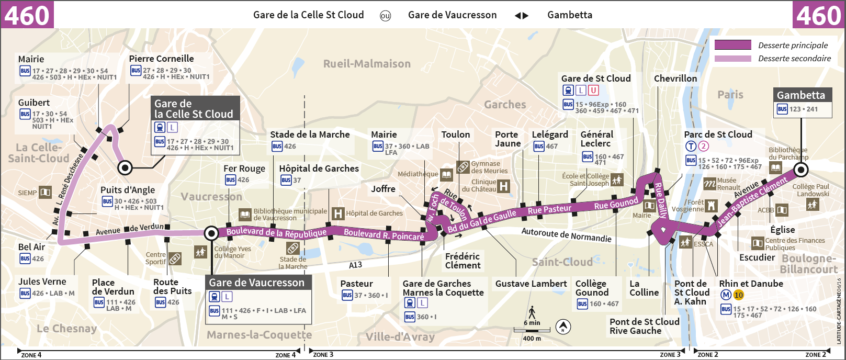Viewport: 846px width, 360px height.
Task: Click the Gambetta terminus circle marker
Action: [x=800, y=170]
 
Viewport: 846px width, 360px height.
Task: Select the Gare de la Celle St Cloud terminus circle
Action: [x=125, y=168]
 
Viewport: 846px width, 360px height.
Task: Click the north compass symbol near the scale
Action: [x=563, y=327]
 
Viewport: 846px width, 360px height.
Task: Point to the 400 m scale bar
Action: [x=532, y=331]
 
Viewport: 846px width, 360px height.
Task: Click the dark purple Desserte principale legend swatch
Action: [x=732, y=45]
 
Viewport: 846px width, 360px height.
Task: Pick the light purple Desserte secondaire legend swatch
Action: [x=732, y=59]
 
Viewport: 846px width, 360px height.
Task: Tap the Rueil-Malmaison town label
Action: [x=367, y=64]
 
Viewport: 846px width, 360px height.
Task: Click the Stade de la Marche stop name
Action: [x=310, y=134]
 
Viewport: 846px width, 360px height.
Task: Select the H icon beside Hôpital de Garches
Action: [x=339, y=213]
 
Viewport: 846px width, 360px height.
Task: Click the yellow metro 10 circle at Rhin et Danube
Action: [x=738, y=295]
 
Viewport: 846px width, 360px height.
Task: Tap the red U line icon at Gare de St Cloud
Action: [x=593, y=91]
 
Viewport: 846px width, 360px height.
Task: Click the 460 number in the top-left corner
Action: [x=27, y=15]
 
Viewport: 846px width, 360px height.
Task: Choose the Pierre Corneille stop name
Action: [x=161, y=59]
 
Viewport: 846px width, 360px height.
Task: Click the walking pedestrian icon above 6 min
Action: [x=532, y=312]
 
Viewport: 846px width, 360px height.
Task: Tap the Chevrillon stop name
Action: [x=675, y=78]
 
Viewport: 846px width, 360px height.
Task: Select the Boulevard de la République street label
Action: [x=276, y=232]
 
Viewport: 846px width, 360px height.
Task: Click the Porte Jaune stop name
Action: [x=507, y=139]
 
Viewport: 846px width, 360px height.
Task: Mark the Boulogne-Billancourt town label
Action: [x=809, y=264]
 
